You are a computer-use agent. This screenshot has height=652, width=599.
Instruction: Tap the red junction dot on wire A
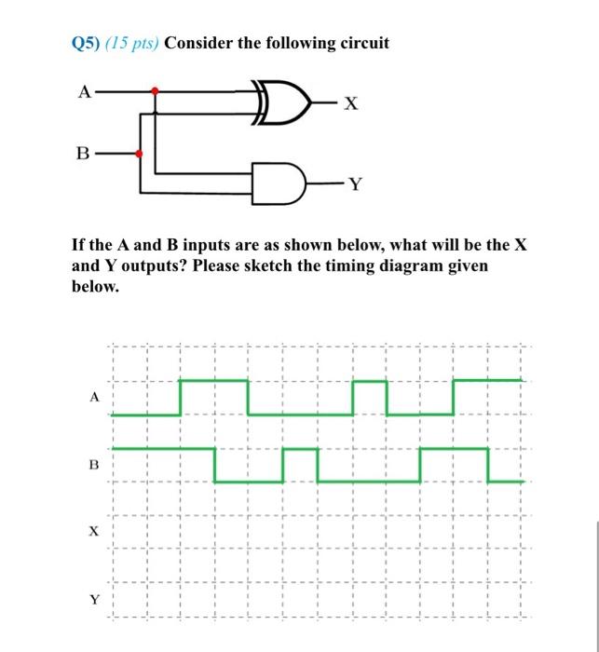(156, 91)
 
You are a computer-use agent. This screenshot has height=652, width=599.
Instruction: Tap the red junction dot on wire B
(140, 153)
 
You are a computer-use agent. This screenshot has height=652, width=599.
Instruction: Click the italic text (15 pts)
(132, 43)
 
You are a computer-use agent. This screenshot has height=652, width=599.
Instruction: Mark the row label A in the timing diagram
(93, 396)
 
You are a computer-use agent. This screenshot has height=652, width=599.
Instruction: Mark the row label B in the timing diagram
(93, 463)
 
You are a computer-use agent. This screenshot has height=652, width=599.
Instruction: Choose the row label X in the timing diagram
(93, 532)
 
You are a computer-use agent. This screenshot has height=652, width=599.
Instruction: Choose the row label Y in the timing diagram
(93, 600)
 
